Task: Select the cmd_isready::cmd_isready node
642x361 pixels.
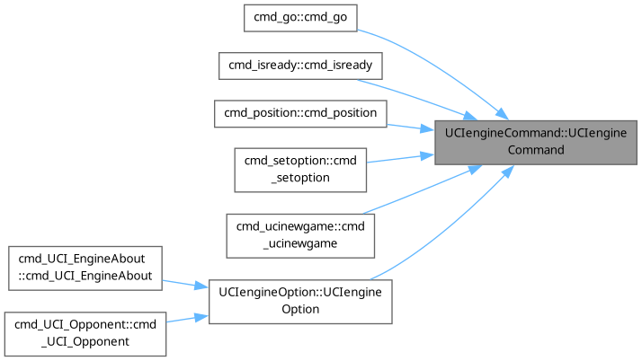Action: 300,66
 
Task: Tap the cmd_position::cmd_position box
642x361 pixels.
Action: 300,113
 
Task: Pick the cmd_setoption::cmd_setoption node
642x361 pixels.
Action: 300,168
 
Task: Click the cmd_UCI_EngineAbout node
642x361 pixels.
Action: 85,267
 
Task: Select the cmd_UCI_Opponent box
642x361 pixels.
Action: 85,332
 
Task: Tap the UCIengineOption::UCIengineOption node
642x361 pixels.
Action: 300,301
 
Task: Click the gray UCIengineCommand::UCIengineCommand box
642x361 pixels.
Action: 536,141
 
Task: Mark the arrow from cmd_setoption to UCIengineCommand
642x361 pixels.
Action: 400,158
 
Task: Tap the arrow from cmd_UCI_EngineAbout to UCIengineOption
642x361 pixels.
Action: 185,284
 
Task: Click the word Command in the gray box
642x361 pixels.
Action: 536,150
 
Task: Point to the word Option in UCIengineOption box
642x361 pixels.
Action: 300,310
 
